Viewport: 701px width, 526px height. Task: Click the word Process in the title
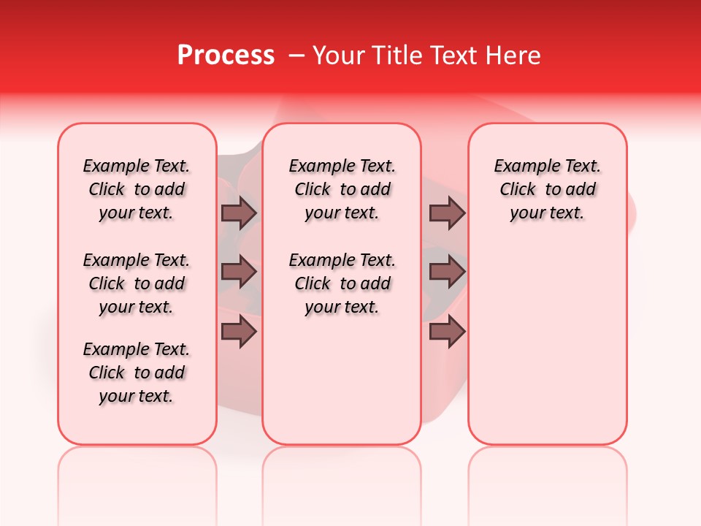[226, 56]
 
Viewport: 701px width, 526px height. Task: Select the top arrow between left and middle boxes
[239, 213]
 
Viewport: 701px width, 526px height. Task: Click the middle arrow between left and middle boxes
[239, 272]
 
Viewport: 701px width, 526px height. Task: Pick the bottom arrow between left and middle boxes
[239, 332]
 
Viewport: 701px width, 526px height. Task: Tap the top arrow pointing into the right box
[447, 213]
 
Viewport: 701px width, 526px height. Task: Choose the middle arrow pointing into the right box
[447, 272]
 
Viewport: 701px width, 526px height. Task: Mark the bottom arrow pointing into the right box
[447, 332]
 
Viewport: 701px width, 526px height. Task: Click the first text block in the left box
[137, 189]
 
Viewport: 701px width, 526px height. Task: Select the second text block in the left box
[137, 283]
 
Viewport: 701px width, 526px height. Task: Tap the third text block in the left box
[137, 373]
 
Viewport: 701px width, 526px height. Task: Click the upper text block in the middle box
[342, 189]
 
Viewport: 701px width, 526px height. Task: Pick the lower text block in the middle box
[342, 283]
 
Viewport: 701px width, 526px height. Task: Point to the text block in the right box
[548, 189]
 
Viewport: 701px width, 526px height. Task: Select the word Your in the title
[334, 56]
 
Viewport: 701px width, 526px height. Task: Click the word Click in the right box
[518, 190]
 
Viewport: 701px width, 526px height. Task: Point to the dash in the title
[296, 56]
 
